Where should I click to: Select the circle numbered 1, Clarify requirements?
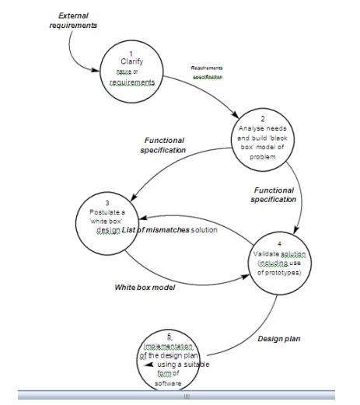(131, 71)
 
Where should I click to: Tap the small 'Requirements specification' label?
(207, 72)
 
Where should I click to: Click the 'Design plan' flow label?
(279, 338)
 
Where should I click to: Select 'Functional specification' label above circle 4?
(274, 194)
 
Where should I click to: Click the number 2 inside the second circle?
(263, 118)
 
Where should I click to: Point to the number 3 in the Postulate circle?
(117, 203)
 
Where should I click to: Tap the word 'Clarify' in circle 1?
(132, 61)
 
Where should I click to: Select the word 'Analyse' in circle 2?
(250, 128)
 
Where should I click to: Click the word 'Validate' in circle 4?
(268, 254)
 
